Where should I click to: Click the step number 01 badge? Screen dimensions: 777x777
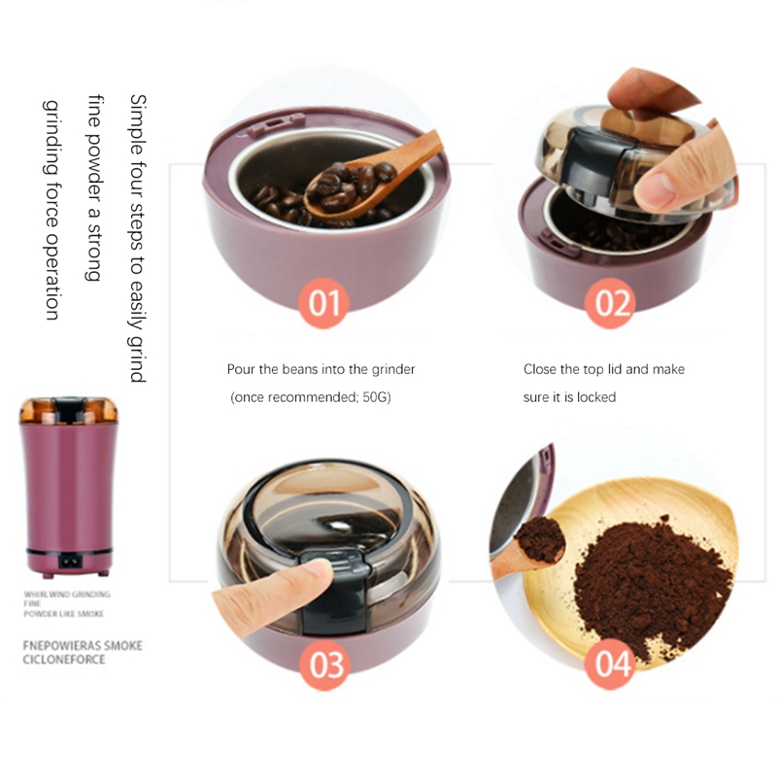[324, 303]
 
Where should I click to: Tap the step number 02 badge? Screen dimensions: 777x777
[610, 303]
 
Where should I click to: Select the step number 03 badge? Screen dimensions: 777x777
[325, 664]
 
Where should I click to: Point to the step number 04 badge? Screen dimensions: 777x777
[610, 663]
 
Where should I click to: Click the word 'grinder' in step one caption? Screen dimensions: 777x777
[393, 370]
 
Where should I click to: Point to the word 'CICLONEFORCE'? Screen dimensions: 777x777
[64, 659]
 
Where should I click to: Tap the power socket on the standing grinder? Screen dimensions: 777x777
[70, 561]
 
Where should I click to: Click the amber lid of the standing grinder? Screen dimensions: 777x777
[69, 410]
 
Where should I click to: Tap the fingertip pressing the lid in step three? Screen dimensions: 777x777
[318, 569]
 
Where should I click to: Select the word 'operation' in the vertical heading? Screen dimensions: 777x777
[52, 275]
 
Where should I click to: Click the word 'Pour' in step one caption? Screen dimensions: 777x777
[241, 369]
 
